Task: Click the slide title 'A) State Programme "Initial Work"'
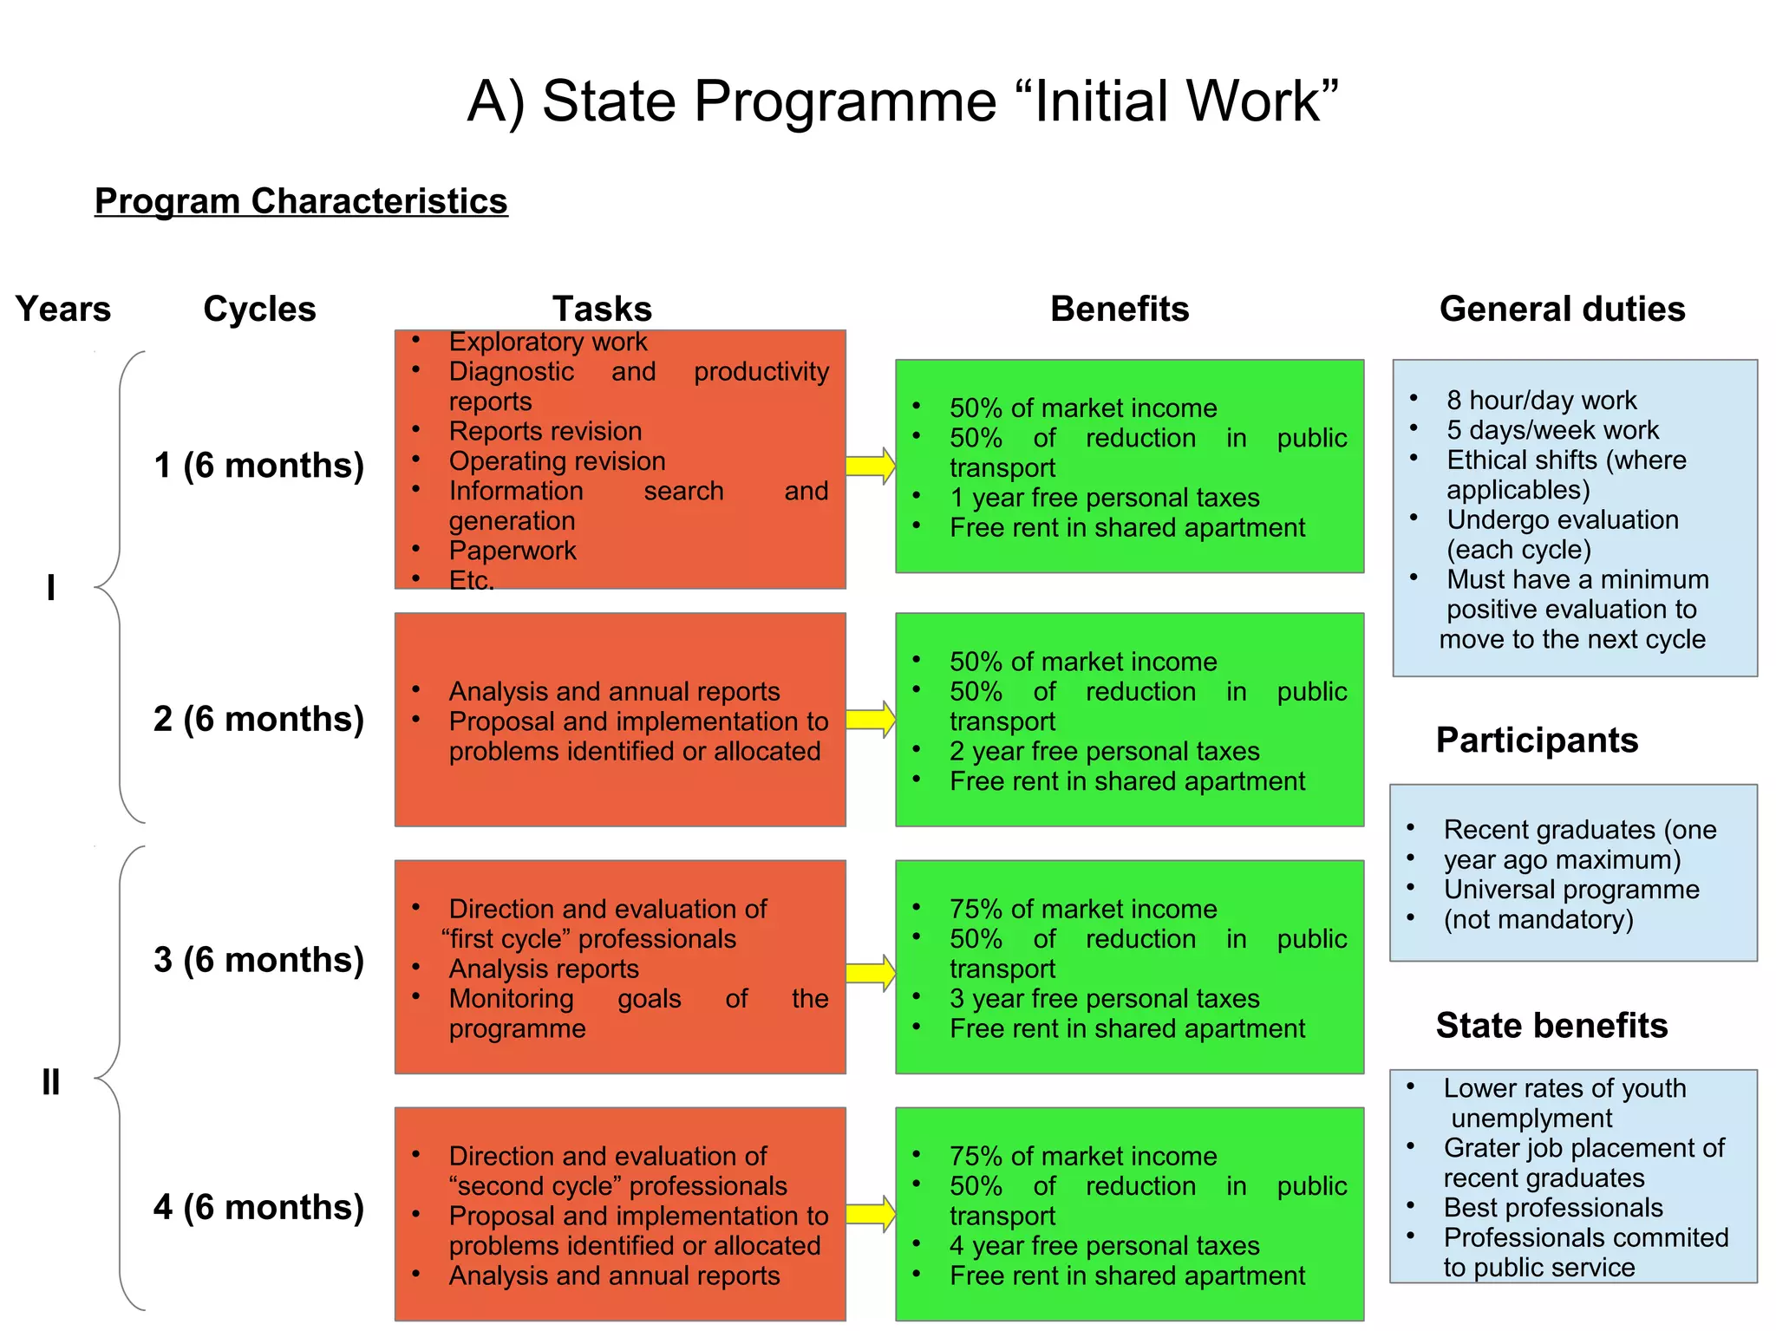(x=902, y=101)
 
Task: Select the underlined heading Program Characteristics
(x=301, y=201)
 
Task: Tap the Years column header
(x=63, y=309)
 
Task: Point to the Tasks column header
(x=602, y=309)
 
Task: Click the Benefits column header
(x=1120, y=309)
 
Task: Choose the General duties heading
(x=1562, y=309)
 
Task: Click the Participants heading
(x=1537, y=740)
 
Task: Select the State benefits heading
(x=1551, y=1025)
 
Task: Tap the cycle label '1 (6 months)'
(x=258, y=466)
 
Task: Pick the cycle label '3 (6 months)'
(x=258, y=960)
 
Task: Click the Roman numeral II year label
(x=51, y=1082)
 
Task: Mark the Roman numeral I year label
(x=51, y=588)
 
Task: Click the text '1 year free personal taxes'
(x=1104, y=498)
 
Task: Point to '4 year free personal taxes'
(x=1104, y=1246)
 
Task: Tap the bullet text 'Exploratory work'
(x=548, y=342)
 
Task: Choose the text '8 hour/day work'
(x=1541, y=400)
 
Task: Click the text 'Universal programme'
(x=1571, y=890)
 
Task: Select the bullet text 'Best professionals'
(x=1553, y=1208)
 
